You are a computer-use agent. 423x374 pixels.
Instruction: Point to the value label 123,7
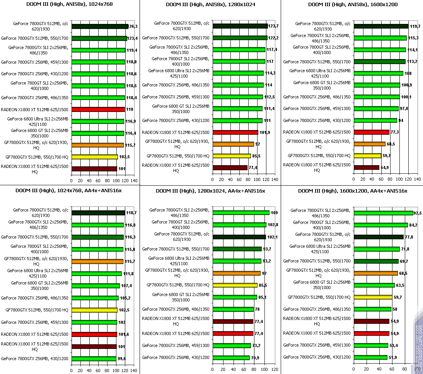[274, 26]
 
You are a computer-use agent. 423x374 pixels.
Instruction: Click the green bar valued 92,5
[383, 213]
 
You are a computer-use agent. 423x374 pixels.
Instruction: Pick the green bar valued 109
[241, 213]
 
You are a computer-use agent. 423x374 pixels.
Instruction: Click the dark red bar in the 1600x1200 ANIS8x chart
[366, 168]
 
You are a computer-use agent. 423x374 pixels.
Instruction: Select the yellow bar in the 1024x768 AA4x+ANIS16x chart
[94, 310]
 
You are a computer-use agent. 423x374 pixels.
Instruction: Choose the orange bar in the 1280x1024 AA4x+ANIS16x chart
[236, 273]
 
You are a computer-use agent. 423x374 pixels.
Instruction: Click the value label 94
[401, 121]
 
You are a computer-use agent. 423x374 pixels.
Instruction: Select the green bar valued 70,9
[231, 358]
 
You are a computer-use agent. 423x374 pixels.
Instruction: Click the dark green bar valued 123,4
[99, 38]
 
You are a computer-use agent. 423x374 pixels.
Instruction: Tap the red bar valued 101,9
[235, 132]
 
